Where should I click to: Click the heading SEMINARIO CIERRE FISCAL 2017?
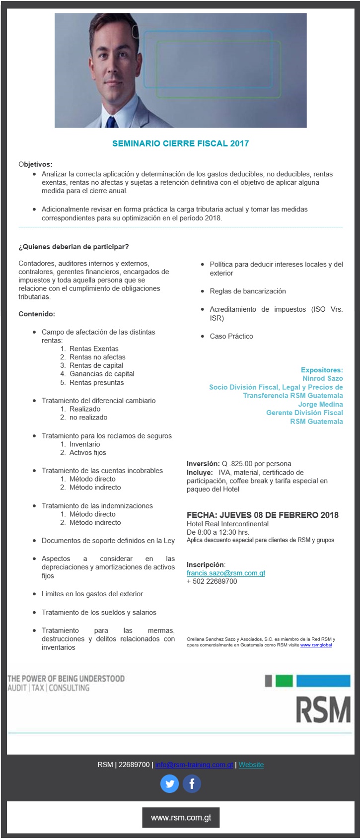click(180, 143)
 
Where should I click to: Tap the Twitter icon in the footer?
click(169, 784)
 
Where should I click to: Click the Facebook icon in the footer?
click(192, 784)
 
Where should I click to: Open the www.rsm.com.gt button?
click(181, 818)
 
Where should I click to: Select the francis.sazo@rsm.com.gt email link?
click(226, 573)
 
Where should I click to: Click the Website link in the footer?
click(251, 765)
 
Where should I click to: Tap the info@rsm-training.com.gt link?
click(194, 765)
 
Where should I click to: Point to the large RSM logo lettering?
click(323, 710)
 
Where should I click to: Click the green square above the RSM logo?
click(284, 681)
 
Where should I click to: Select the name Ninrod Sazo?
click(322, 378)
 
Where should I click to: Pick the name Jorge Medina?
click(320, 404)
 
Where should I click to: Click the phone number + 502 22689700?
click(212, 581)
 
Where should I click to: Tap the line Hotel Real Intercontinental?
click(227, 524)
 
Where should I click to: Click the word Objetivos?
click(35, 164)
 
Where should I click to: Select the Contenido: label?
click(37, 314)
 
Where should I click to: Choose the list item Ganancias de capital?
click(102, 374)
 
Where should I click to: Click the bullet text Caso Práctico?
click(231, 336)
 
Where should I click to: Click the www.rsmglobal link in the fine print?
click(316, 645)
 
